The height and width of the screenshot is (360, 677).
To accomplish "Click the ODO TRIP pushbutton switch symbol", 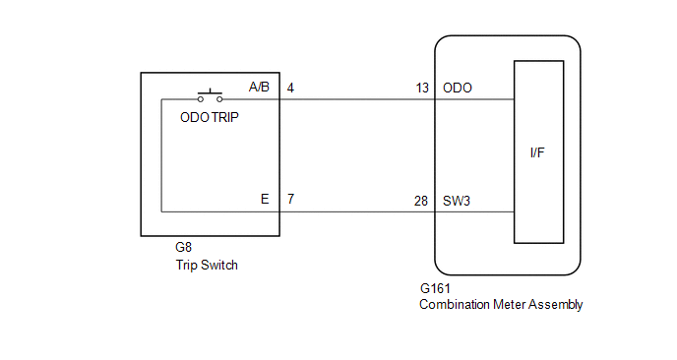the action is point(210,95).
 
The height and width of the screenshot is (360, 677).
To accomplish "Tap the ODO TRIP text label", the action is point(210,117).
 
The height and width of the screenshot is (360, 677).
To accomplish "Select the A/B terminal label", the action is point(259,88).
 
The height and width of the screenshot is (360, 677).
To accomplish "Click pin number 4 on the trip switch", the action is point(290,89).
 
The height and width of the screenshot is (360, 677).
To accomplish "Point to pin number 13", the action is point(422,89).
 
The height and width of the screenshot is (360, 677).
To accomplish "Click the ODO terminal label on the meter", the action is point(458,89).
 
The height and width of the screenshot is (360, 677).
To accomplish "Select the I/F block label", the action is point(537,152).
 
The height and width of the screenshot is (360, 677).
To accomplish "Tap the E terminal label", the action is point(265,199).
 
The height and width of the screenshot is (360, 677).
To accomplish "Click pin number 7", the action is point(290,199).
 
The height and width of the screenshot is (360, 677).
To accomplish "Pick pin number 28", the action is point(421,202).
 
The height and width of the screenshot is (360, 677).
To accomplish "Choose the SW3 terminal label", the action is point(457,202).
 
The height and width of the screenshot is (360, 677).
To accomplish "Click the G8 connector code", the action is point(183,247).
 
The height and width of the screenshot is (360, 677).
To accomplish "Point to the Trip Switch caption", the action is point(207,265).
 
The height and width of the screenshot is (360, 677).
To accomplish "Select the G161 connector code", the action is point(435,288).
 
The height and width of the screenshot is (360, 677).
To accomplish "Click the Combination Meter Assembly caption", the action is point(501,304).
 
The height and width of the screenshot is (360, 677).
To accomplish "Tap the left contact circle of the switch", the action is point(201,99).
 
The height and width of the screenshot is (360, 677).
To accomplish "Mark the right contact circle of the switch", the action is point(219,99).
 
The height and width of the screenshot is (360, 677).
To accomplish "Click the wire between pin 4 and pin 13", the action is point(357,99).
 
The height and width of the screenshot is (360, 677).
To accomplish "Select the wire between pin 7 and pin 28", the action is point(357,211).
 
